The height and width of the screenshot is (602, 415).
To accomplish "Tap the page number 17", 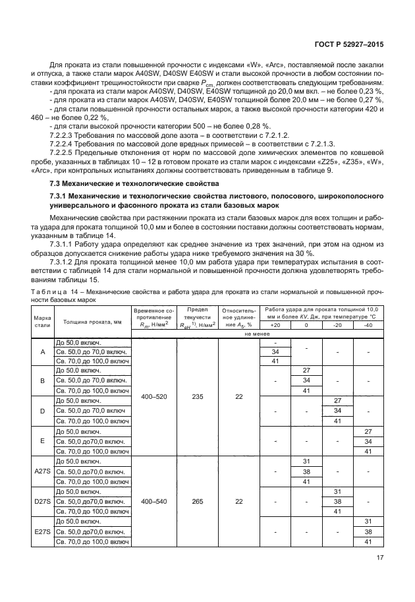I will pyautogui.click(x=379, y=557).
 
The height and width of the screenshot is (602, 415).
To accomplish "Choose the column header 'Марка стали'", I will pyautogui.click(x=42, y=321).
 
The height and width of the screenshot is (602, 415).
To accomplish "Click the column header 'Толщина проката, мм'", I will pyautogui.click(x=92, y=321).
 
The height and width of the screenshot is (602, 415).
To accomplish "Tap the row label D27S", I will pyautogui.click(x=43, y=501).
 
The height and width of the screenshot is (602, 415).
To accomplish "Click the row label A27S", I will pyautogui.click(x=43, y=471).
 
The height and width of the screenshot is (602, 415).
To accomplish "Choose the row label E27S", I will pyautogui.click(x=43, y=532).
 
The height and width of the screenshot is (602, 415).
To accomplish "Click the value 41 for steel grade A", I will pyautogui.click(x=275, y=361).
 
